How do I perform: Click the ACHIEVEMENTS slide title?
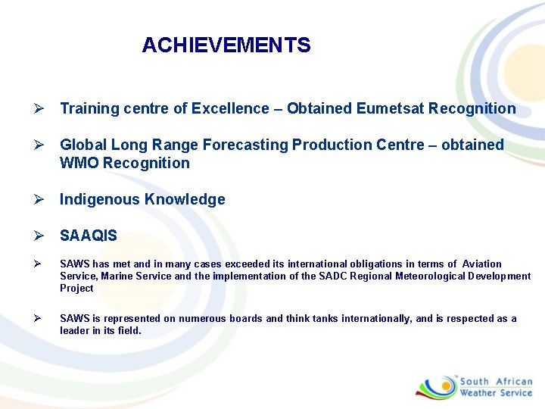click(x=226, y=45)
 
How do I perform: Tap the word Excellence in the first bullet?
click(x=220, y=108)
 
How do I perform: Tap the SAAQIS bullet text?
click(x=89, y=236)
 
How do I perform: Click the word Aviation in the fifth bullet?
click(x=481, y=264)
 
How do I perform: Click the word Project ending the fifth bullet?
click(x=76, y=288)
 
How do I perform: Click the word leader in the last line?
click(x=75, y=330)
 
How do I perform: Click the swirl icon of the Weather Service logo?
click(x=436, y=386)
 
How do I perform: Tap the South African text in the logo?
click(x=496, y=382)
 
